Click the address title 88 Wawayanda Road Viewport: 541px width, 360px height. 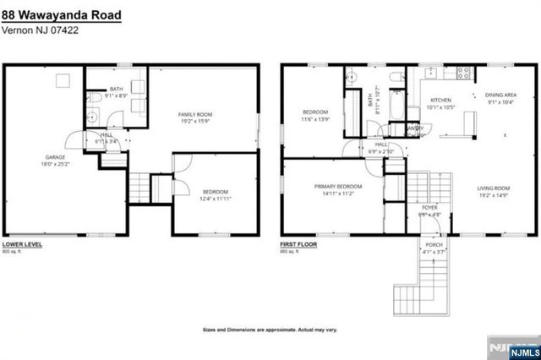61,15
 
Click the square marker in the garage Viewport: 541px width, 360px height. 63,82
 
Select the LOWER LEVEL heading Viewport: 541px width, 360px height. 24,244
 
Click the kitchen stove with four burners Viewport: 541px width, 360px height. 463,74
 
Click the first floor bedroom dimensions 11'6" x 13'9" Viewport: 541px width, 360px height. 315,119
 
